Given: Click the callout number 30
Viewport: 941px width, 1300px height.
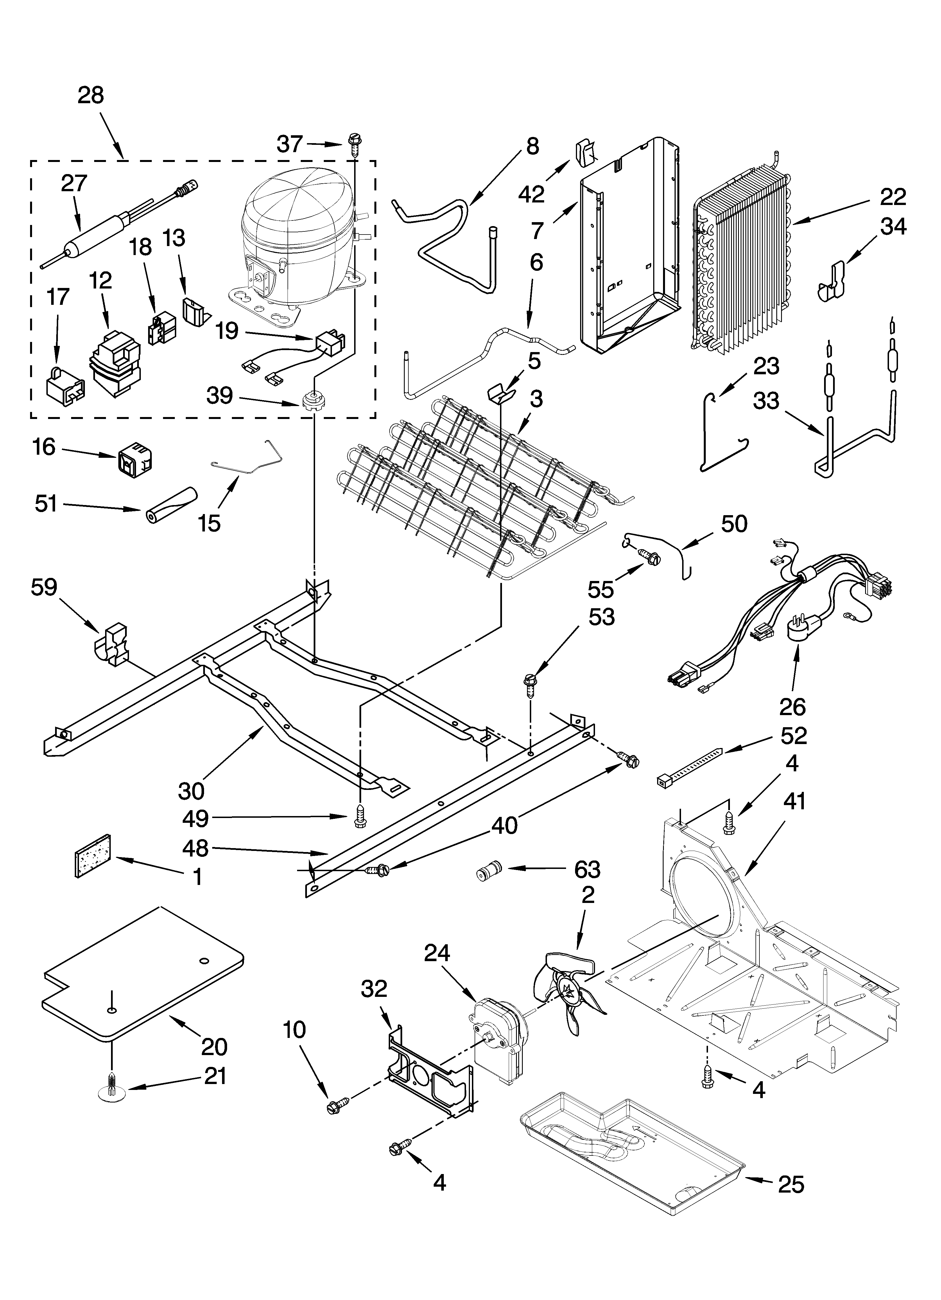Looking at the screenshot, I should pos(191,791).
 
